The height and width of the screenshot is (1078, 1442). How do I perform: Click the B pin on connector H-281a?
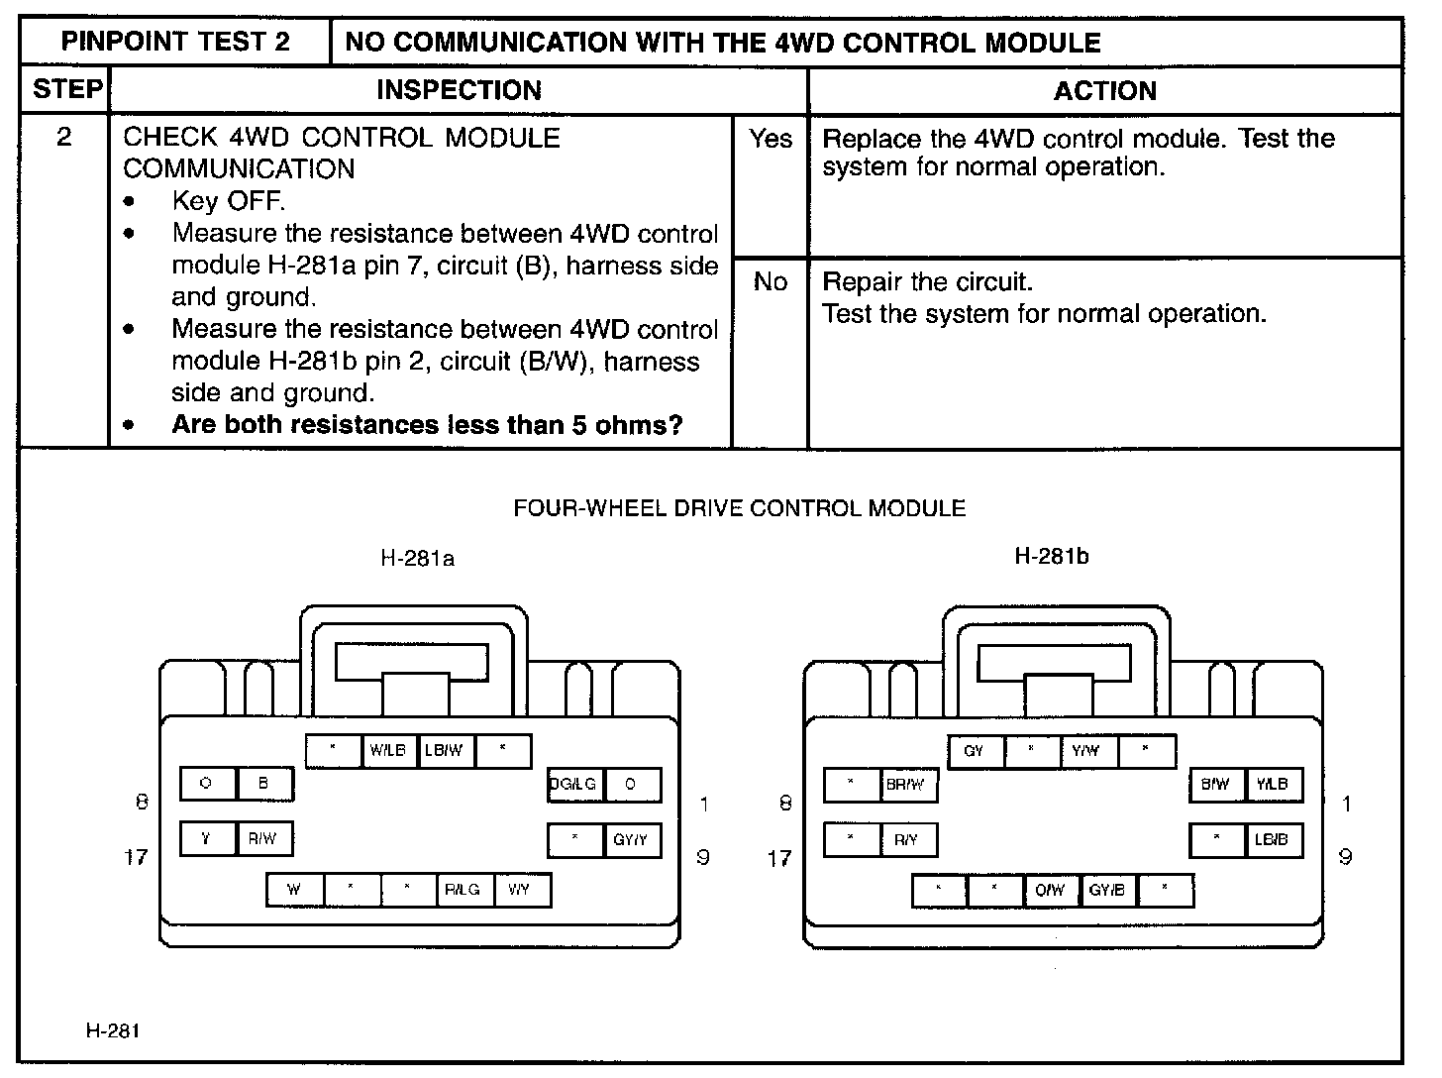pyautogui.click(x=263, y=784)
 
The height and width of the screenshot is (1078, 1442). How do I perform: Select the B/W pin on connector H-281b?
pyautogui.click(x=1215, y=785)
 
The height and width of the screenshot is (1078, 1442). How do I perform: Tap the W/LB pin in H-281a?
pyautogui.click(x=388, y=751)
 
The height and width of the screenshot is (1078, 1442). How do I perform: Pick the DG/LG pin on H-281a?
pyautogui.click(x=574, y=785)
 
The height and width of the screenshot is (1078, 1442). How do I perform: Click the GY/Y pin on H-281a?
pyautogui.click(x=631, y=840)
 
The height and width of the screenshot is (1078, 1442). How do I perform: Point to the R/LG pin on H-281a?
pyautogui.click(x=463, y=890)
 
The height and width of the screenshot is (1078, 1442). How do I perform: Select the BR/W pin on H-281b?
pyautogui.click(x=906, y=785)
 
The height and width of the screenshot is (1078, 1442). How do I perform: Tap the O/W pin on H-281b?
pyautogui.click(x=1050, y=891)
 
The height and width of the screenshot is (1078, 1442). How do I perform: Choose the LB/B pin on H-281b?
pyautogui.click(x=1272, y=840)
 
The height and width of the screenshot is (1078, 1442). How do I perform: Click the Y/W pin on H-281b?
pyautogui.click(x=1086, y=751)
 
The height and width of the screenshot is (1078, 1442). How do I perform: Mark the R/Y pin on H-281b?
pyautogui.click(x=906, y=840)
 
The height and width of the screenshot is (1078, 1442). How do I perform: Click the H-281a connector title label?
pyautogui.click(x=417, y=559)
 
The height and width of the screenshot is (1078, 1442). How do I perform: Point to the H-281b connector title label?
pyautogui.click(x=1052, y=557)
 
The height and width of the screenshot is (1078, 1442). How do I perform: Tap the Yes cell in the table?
pyautogui.click(x=771, y=140)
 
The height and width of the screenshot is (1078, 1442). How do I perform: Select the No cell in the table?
pyautogui.click(x=771, y=282)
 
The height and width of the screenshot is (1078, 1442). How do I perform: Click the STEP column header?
pyautogui.click(x=66, y=90)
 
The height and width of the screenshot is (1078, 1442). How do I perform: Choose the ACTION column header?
pyautogui.click(x=1104, y=91)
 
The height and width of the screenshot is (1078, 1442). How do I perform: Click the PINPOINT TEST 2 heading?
pyautogui.click(x=175, y=43)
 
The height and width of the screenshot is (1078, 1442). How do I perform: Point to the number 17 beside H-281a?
pyautogui.click(x=136, y=857)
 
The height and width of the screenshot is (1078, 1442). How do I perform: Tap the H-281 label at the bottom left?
pyautogui.click(x=113, y=1031)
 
